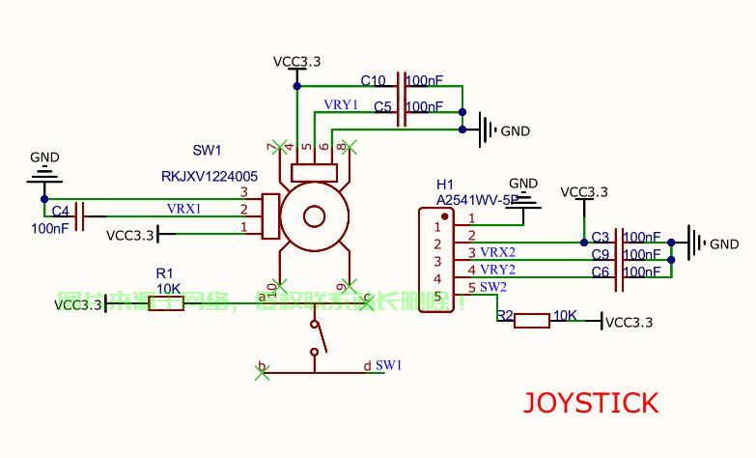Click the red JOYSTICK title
click(590, 403)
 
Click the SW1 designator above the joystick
click(207, 151)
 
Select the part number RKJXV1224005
click(209, 177)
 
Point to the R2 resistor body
click(531, 320)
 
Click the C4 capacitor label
click(60, 211)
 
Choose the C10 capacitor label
click(373, 81)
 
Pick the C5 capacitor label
click(382, 107)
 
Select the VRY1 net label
click(341, 104)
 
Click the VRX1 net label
click(183, 209)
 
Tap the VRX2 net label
click(497, 252)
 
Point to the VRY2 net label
click(497, 270)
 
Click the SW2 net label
click(492, 287)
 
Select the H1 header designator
click(444, 185)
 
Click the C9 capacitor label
click(601, 255)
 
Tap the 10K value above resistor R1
click(169, 288)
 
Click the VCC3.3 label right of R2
click(629, 323)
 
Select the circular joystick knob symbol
click(313, 215)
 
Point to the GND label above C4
click(44, 157)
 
